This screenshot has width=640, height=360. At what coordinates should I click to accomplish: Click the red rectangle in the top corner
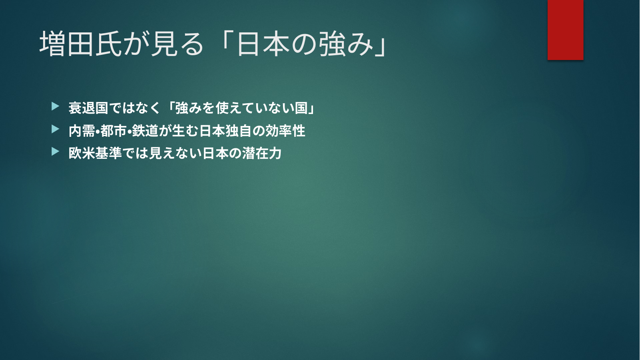pyautogui.click(x=565, y=30)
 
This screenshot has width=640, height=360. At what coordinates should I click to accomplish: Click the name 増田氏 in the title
pyautogui.click(x=81, y=44)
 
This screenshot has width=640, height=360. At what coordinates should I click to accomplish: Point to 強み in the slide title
pyautogui.click(x=346, y=44)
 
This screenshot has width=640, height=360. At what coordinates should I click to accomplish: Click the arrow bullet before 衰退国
pyautogui.click(x=56, y=106)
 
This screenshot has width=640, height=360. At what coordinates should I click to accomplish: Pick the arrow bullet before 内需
pyautogui.click(x=56, y=129)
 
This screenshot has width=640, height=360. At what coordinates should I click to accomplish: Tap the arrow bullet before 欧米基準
pyautogui.click(x=56, y=151)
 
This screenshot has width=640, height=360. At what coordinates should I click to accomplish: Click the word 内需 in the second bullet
pyautogui.click(x=82, y=131)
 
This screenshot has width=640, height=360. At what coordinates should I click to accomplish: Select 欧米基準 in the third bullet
pyautogui.click(x=95, y=153)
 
